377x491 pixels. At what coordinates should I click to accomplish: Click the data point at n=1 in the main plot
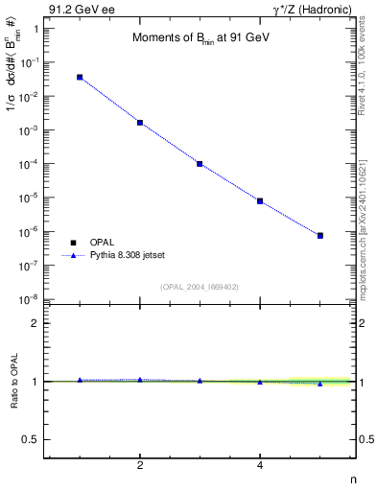80,77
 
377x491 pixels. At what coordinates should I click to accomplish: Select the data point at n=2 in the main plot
140,123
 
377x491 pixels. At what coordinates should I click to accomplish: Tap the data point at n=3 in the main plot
200,164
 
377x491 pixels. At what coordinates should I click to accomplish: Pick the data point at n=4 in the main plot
260,201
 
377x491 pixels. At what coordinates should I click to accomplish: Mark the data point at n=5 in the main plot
320,235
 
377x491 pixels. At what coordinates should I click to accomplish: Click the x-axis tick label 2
140,467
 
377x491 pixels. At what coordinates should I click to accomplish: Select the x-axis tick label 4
260,467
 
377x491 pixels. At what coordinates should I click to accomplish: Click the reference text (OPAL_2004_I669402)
200,287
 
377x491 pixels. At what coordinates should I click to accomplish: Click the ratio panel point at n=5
320,384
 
